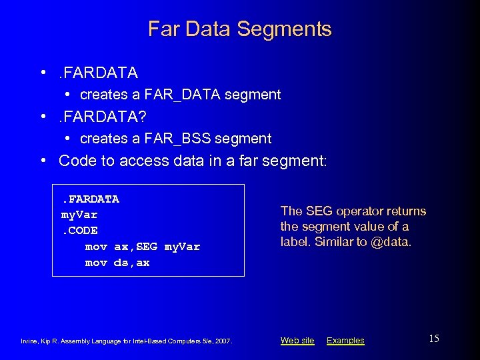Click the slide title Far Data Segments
(239, 29)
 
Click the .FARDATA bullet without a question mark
(98, 72)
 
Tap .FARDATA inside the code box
(90, 199)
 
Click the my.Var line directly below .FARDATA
(79, 215)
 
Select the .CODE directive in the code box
(79, 231)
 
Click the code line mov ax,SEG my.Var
(142, 247)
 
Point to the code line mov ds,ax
(117, 263)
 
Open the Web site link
(297, 341)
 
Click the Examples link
(345, 341)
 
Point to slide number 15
(433, 339)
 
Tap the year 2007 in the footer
(222, 341)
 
